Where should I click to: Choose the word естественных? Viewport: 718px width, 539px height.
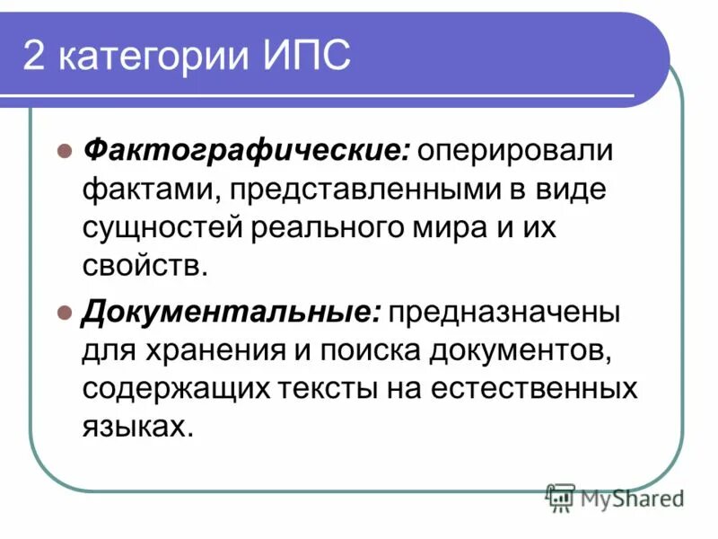[536, 390]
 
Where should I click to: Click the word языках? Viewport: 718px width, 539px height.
[136, 429]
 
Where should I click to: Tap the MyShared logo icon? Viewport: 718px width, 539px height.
[560, 497]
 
